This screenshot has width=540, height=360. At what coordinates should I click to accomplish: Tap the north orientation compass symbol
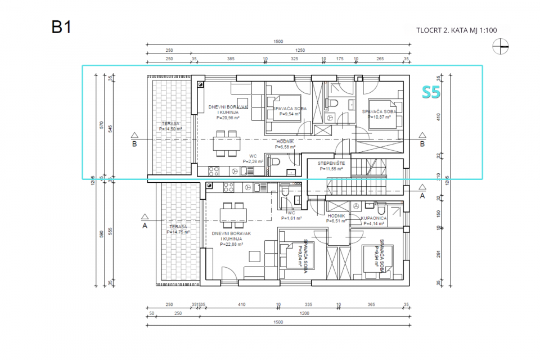[x=500, y=48]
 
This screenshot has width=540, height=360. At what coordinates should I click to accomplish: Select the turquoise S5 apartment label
[x=431, y=93]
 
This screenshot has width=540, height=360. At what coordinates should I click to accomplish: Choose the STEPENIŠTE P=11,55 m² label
[x=335, y=165]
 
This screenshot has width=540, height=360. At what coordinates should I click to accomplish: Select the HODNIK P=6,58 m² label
[x=286, y=145]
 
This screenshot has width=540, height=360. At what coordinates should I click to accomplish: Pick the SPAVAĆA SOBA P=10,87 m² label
[x=379, y=115]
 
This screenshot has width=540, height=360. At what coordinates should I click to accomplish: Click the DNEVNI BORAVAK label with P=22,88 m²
[x=232, y=238]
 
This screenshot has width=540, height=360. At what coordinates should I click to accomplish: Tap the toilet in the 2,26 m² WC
[x=274, y=161]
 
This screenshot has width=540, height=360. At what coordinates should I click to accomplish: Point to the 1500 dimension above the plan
[x=278, y=42]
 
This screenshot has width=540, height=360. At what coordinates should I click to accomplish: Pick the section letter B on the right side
[x=422, y=143]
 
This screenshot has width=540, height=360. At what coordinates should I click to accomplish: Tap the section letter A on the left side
[x=145, y=226]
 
